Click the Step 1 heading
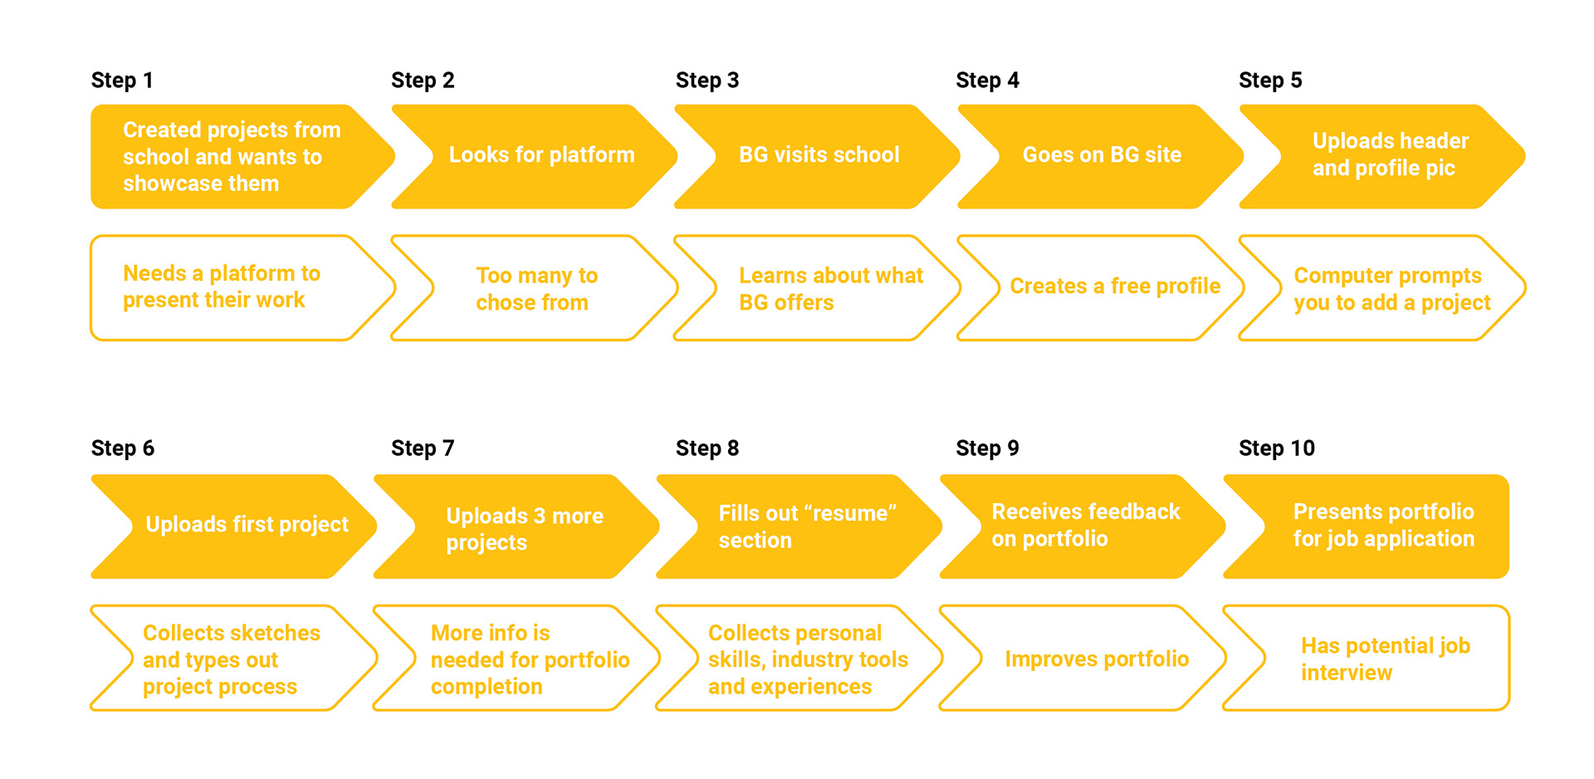(122, 81)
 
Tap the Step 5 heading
(1270, 81)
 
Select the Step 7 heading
(423, 448)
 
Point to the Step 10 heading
(1277, 448)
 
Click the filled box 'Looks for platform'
(535, 156)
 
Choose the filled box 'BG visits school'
(818, 156)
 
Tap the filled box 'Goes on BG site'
(1101, 156)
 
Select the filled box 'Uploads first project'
(234, 527)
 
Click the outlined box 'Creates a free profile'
(1101, 287)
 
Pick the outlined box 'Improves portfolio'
(1083, 659)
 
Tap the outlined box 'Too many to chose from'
(535, 287)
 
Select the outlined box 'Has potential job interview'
(1367, 659)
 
